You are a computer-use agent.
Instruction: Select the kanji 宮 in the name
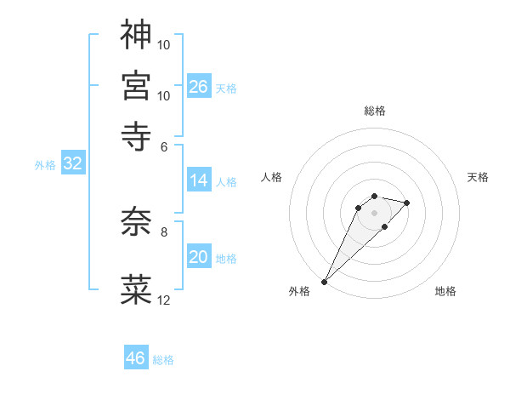136,85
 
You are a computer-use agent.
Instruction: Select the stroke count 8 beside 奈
164,231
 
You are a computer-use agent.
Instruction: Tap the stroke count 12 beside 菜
164,300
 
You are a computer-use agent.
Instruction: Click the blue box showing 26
199,86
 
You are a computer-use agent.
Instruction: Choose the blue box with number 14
199,180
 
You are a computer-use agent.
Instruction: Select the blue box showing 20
199,258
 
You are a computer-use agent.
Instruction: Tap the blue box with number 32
73,164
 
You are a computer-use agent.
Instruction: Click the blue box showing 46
136,358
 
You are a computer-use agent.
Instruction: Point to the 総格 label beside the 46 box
163,360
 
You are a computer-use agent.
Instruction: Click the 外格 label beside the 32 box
44,165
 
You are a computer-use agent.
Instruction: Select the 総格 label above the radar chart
374,111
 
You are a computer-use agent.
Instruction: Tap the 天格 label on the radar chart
478,177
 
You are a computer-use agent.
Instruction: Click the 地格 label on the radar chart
445,292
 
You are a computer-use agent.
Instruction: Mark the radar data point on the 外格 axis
324,282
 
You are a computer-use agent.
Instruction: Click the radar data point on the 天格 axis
407,203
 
